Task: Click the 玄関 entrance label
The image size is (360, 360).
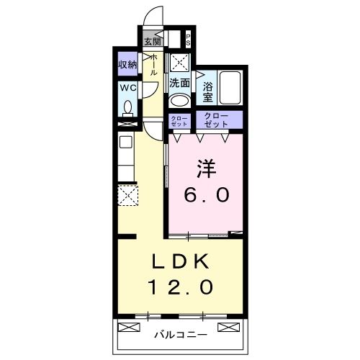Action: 151,41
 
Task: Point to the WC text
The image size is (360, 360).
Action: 127,89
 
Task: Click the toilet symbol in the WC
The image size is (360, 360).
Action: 128,108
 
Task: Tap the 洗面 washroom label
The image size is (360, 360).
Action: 179,83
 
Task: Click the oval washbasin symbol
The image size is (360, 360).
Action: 180,100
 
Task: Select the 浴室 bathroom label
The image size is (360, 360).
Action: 207,92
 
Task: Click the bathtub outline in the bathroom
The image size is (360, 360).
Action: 230,89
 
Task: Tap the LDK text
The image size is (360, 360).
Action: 181,261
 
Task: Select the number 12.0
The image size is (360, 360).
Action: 181,287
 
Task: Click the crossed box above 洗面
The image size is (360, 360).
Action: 179,62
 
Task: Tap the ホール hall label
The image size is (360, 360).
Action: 153,66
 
